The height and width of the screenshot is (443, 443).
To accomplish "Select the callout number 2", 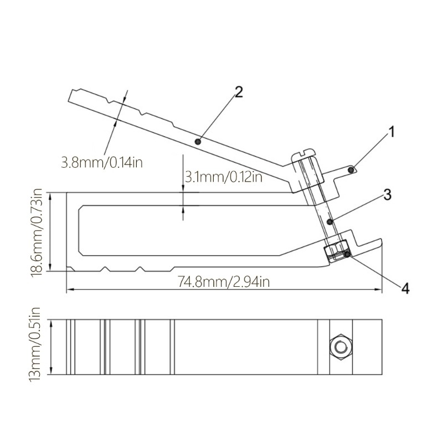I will (239, 92).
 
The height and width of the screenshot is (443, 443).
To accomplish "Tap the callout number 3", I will (387, 194).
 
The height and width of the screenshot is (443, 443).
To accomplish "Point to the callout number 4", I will (405, 288).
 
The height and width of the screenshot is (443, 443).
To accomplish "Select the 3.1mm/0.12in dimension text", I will (223, 177).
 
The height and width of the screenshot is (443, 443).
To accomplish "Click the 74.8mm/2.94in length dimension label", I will (224, 282).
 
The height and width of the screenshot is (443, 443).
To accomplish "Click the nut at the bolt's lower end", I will (336, 251).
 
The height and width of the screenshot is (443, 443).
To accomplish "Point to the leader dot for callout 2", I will (198, 142).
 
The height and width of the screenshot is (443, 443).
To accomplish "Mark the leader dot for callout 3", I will (330, 221).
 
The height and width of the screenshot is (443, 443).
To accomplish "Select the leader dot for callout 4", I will (347, 255).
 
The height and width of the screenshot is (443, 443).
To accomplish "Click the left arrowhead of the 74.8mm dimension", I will (69, 290).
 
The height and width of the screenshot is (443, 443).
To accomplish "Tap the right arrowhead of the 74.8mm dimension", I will (380, 290).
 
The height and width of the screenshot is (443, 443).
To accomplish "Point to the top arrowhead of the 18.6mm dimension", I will (50, 194).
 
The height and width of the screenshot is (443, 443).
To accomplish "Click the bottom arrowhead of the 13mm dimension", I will (50, 373).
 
